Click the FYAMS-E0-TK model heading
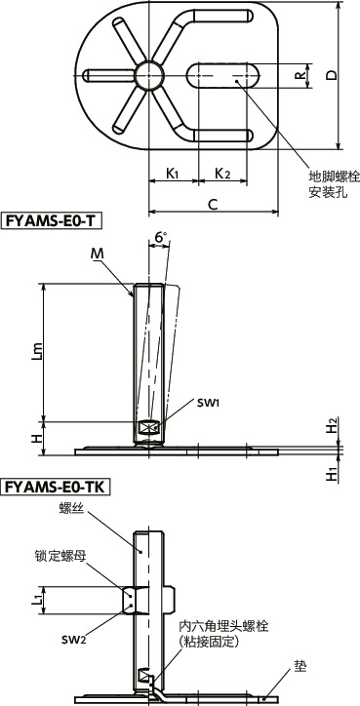pos(56,486)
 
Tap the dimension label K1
pos(172,174)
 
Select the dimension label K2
pos(222,174)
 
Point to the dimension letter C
pos(212,203)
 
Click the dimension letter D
pos(332,75)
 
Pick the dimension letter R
pos(300,74)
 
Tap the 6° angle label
pos(160,237)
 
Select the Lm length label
pos(36,353)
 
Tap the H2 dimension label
pos(333,425)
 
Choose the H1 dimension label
pos(333,474)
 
